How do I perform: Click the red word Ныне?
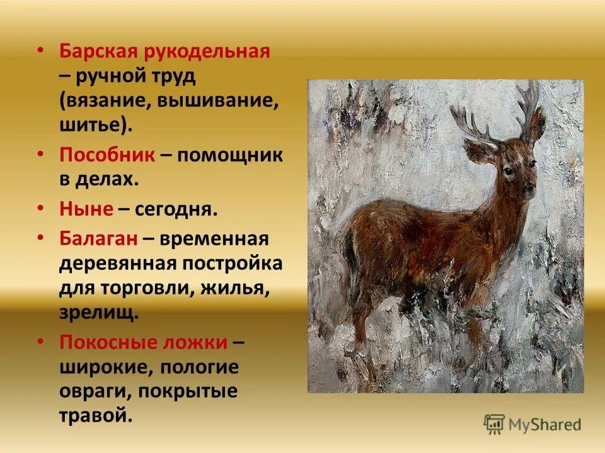pyautogui.click(x=86, y=209)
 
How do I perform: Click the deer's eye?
pyautogui.click(x=507, y=171)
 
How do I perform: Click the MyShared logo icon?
pyautogui.click(x=493, y=423)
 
